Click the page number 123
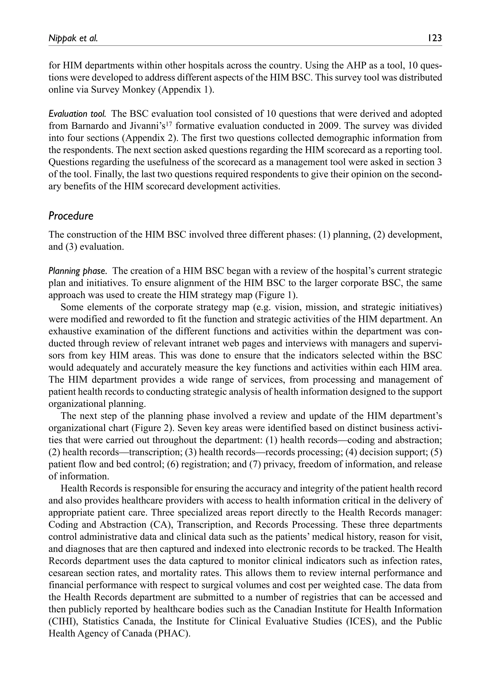pos(433,38)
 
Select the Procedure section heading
pos(71,216)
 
